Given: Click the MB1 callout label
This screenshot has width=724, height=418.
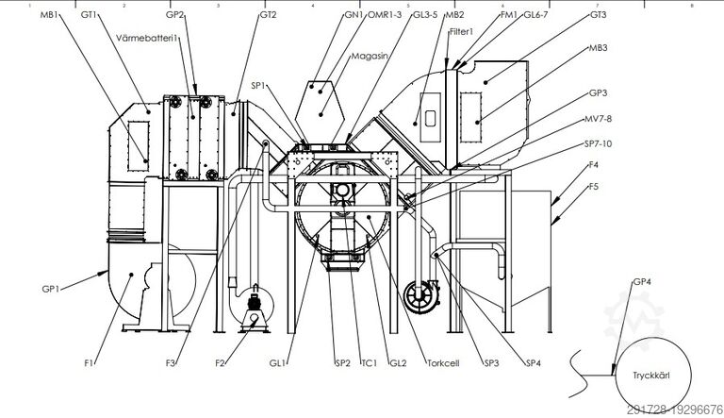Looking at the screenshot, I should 53,16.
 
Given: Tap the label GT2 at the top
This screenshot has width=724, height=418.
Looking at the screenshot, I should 268,16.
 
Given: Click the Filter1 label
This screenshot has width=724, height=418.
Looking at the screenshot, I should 460,32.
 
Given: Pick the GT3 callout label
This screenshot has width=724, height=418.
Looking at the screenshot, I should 598,16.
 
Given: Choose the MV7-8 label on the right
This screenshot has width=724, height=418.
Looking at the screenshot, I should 598,118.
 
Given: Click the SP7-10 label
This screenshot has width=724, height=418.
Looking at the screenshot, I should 600,143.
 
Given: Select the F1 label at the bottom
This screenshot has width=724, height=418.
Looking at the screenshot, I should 89,361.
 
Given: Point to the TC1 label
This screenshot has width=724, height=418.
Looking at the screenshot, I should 370,362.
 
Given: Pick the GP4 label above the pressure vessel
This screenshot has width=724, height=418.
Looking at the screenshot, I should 641,281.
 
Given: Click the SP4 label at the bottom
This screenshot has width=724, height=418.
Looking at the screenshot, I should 534,362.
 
